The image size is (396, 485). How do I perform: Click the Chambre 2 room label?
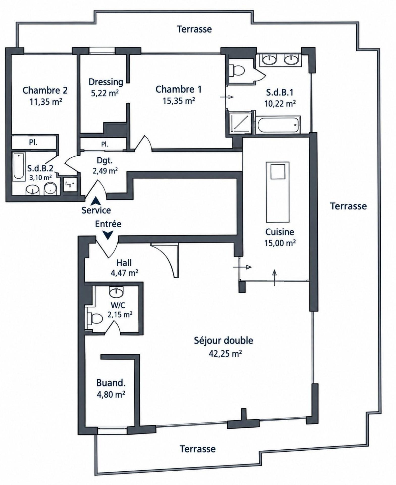point(45,90)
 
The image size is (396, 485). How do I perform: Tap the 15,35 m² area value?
point(178,101)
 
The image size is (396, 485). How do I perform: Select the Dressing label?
point(106,82)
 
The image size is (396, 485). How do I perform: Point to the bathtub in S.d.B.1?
point(278,125)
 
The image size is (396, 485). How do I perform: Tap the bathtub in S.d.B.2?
point(19,166)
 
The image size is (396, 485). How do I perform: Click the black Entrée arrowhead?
point(108,236)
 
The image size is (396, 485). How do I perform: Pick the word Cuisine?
point(279,232)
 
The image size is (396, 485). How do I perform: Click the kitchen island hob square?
point(278,171)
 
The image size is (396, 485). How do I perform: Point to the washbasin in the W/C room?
point(116,292)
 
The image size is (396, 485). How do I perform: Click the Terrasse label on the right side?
point(349,206)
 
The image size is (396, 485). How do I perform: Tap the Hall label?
point(124,263)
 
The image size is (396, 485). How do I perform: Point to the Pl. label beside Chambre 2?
point(33,142)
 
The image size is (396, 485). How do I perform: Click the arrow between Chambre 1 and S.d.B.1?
point(227,97)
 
